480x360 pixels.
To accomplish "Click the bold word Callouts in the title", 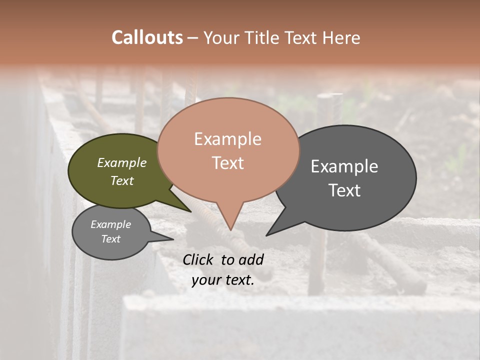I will [x=147, y=37].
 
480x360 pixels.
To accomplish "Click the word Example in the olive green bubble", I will [x=121, y=162].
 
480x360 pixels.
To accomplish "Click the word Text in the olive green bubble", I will [x=121, y=180].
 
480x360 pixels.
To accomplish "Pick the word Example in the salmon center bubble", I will [x=227, y=139].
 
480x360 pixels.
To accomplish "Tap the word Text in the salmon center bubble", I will [x=227, y=162].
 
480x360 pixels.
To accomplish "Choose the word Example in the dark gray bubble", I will [x=344, y=166].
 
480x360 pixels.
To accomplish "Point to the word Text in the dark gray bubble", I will [x=344, y=190].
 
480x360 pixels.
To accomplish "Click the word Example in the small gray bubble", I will [x=110, y=224].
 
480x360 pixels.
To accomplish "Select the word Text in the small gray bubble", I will [x=110, y=239].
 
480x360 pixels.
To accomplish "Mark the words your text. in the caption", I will [x=222, y=280].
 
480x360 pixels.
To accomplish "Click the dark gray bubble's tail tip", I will [x=267, y=235].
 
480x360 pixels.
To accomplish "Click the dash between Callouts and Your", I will [x=193, y=37].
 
